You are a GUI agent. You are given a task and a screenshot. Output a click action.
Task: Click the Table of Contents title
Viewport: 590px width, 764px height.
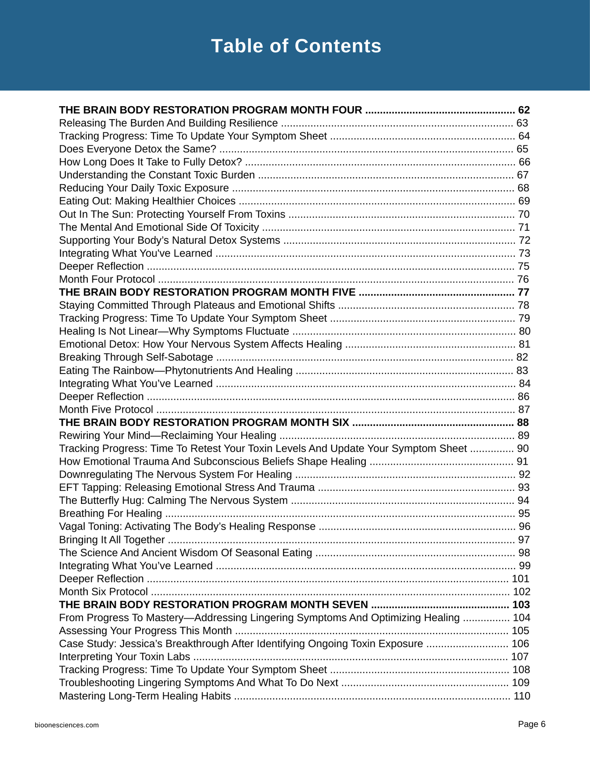coord(296,46)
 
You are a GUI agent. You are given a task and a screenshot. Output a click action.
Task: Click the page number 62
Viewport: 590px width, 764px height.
coord(523,110)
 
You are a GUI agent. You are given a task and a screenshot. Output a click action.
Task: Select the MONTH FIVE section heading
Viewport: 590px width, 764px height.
coord(207,292)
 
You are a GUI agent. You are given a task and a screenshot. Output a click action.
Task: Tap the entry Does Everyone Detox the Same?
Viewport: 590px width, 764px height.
coord(137,149)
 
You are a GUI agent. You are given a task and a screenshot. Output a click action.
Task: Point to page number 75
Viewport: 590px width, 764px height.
coord(523,266)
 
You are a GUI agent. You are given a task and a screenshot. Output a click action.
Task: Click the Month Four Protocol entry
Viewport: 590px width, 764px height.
coord(107,279)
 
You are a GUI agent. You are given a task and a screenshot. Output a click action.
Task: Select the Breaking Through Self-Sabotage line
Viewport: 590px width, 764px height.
coord(136,357)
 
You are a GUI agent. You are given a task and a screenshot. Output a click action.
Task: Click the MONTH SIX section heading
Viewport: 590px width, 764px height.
coord(204,422)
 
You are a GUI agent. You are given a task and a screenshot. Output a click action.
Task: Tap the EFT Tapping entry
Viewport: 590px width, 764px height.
coord(187,488)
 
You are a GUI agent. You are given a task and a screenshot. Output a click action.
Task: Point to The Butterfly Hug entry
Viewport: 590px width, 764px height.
coord(173,501)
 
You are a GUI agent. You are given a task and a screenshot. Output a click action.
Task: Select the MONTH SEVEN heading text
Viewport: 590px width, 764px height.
coord(213,604)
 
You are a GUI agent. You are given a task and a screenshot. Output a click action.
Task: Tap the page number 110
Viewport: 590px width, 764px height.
coord(521,696)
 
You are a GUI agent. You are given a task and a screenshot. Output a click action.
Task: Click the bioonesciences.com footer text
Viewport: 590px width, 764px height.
coord(67,725)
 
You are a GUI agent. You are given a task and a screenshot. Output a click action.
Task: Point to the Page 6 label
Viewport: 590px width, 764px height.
coord(531,724)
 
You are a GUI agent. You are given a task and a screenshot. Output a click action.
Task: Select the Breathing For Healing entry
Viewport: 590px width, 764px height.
coord(110,513)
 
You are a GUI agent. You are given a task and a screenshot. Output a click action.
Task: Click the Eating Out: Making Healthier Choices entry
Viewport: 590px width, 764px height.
coord(147,201)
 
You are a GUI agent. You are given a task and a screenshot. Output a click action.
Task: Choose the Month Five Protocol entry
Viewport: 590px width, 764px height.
coord(106,409)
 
